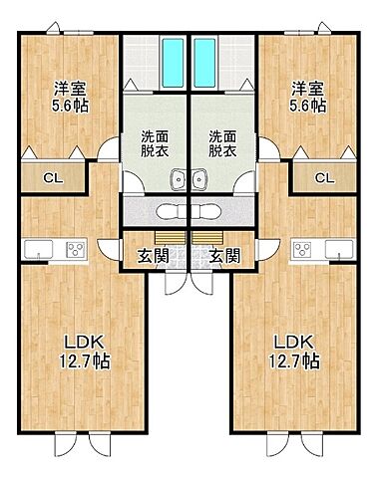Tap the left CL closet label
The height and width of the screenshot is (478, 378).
(49, 178)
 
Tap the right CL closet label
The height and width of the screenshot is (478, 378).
(324, 178)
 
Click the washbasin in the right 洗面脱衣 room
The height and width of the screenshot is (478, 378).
(199, 180)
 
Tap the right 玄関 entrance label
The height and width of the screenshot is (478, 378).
(225, 254)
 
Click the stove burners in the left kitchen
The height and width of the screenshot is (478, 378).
(74, 249)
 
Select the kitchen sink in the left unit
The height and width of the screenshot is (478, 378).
(34, 249)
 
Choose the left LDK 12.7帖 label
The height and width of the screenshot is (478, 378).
(71, 350)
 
